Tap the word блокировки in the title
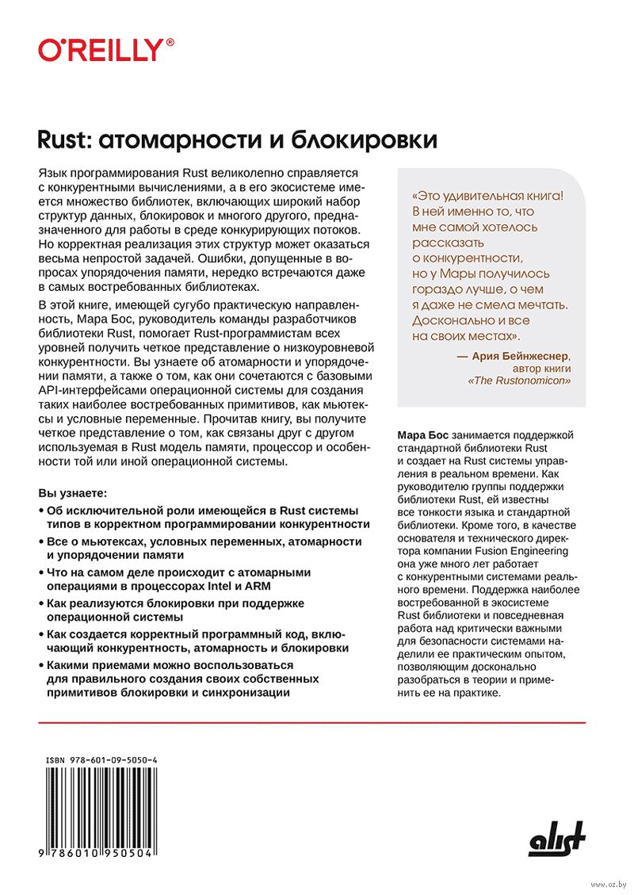[365, 140]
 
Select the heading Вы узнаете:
[77, 492]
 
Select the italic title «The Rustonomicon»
[520, 381]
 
